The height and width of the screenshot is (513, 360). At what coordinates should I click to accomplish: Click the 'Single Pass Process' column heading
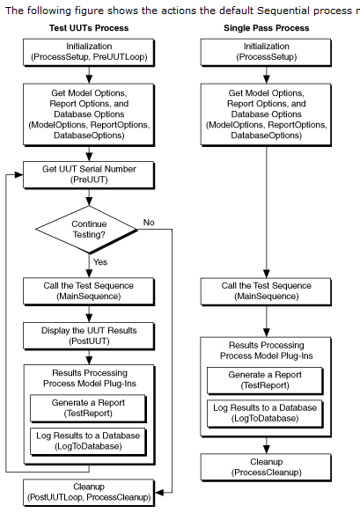[x=265, y=28]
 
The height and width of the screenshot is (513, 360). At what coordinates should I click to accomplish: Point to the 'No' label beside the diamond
[x=149, y=222]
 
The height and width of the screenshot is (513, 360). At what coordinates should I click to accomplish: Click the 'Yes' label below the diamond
[x=100, y=262]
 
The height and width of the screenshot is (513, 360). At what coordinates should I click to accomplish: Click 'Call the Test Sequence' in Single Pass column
[x=265, y=291]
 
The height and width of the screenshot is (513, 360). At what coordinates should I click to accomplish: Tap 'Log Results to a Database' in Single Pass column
[x=265, y=414]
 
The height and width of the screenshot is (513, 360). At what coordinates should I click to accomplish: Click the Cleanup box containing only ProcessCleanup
[x=265, y=466]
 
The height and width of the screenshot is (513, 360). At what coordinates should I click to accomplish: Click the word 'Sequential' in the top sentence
[x=255, y=10]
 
